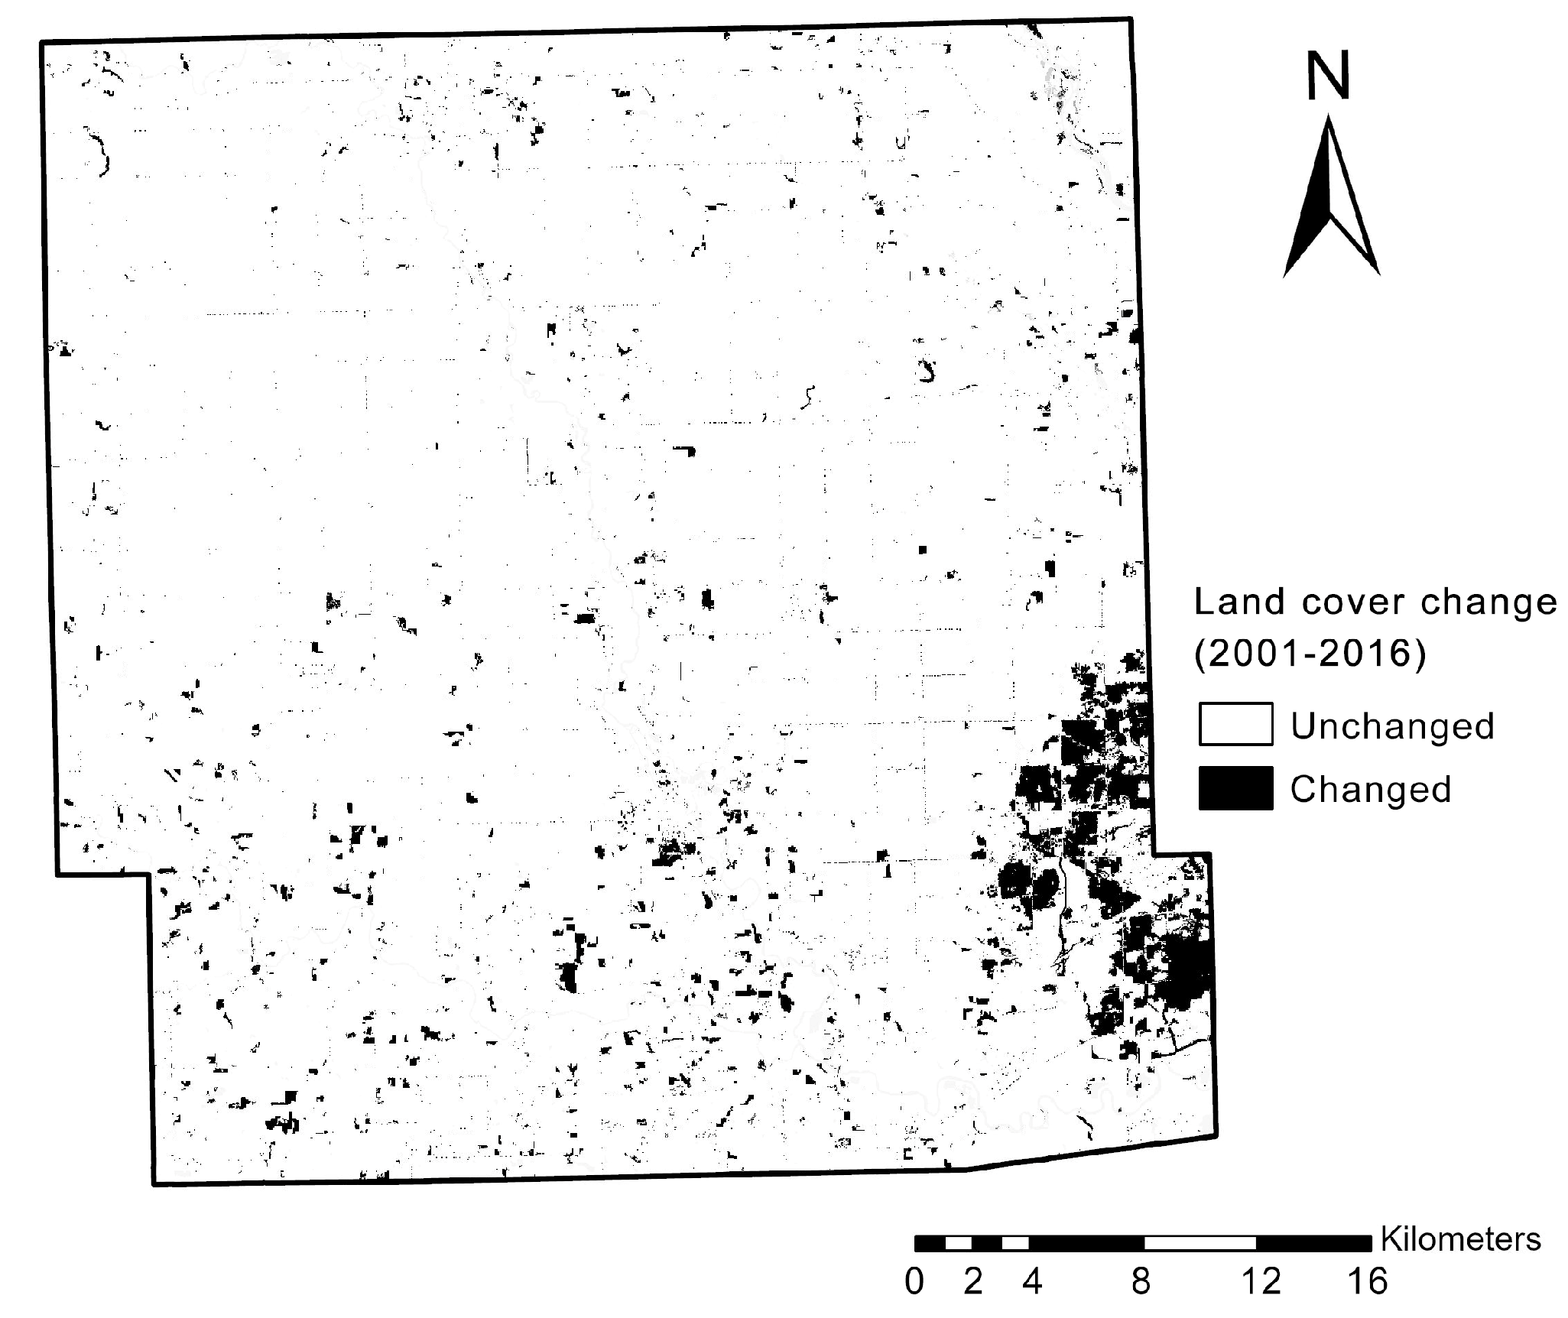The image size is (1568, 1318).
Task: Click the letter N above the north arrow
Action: pyautogui.click(x=1329, y=76)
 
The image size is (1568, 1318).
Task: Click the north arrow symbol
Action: pyautogui.click(x=1331, y=199)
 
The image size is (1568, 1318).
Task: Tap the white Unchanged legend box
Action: pyautogui.click(x=1235, y=723)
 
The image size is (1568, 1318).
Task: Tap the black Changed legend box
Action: pyautogui.click(x=1235, y=787)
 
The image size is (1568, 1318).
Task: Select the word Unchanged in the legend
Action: pyautogui.click(x=1391, y=726)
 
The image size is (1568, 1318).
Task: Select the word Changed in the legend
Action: pyautogui.click(x=1370, y=789)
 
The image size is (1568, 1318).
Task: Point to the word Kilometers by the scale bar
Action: pyautogui.click(x=1460, y=1239)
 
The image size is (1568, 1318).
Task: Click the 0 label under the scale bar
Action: pyautogui.click(x=914, y=1281)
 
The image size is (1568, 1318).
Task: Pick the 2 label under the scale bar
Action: pyautogui.click(x=972, y=1281)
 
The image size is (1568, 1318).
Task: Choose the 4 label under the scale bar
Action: pyautogui.click(x=1032, y=1281)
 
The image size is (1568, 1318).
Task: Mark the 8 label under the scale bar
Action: pyautogui.click(x=1141, y=1281)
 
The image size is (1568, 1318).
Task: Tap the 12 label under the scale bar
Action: pyautogui.click(x=1260, y=1281)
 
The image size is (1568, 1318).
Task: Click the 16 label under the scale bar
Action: pyautogui.click(x=1367, y=1281)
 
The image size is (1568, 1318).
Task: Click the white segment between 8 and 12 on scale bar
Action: pyautogui.click(x=1200, y=1243)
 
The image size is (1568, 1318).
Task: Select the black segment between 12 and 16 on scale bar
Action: pyautogui.click(x=1313, y=1243)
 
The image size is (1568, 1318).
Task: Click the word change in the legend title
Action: pyautogui.click(x=1488, y=602)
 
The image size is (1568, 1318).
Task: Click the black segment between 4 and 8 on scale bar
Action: pyautogui.click(x=1086, y=1243)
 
